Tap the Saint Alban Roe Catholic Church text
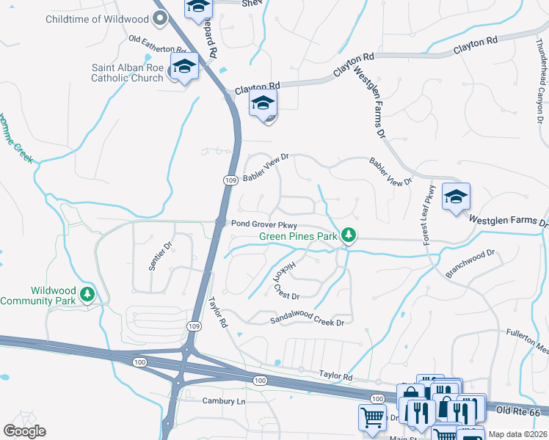(128, 73)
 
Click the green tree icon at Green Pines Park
(351, 235)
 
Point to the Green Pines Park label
(297, 236)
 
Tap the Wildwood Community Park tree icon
(88, 295)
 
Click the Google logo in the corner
(24, 431)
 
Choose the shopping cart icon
(372, 417)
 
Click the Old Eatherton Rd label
(158, 42)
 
